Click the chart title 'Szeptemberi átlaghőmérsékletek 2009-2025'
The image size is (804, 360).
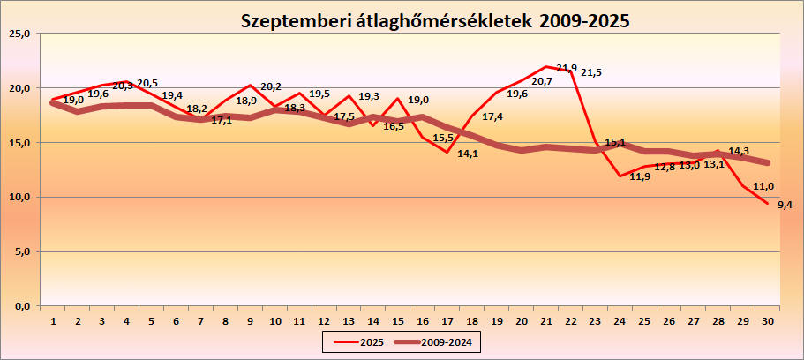(436, 20)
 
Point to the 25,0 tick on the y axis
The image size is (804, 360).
(19, 34)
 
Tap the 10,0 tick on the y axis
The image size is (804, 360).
(19, 197)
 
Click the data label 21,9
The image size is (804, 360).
(567, 68)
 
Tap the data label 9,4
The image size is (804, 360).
(785, 205)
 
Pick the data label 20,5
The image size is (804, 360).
(147, 84)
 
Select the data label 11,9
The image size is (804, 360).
(641, 176)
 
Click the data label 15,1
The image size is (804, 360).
(616, 141)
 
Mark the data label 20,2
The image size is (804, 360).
(271, 86)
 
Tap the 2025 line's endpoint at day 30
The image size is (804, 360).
(767, 204)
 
